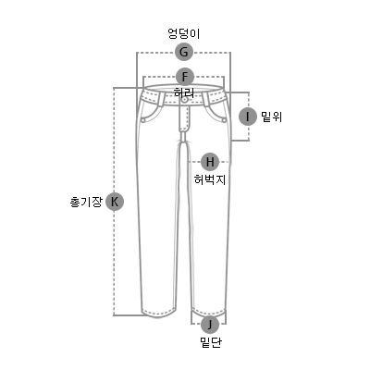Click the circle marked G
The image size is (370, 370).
click(x=184, y=52)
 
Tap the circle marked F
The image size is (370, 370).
click(x=185, y=77)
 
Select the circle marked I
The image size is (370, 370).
click(x=248, y=117)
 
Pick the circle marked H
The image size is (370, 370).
click(x=210, y=162)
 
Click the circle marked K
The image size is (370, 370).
click(x=115, y=202)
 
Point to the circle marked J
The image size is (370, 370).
click(x=210, y=325)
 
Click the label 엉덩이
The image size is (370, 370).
click(x=184, y=33)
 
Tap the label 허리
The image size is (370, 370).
click(x=184, y=92)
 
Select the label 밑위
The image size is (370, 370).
click(x=272, y=117)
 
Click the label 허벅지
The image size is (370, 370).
click(x=210, y=179)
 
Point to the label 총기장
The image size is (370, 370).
click(x=86, y=202)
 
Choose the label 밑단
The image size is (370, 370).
click(x=211, y=342)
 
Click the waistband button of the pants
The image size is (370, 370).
click(x=184, y=100)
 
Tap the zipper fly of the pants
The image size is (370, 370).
click(x=184, y=118)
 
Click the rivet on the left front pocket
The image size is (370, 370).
click(x=143, y=119)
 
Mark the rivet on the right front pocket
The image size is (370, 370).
click(x=224, y=120)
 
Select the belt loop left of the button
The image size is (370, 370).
click(x=161, y=98)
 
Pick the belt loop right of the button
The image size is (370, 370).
click(x=206, y=99)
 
